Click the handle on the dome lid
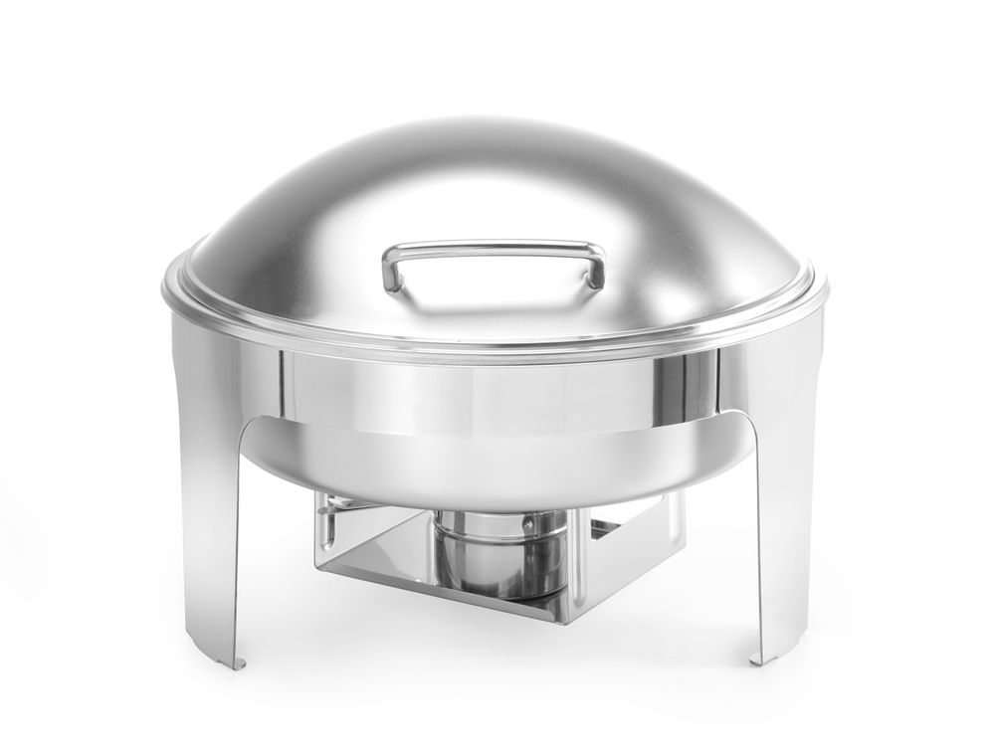(x=494, y=246)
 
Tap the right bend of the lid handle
(x=597, y=262)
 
